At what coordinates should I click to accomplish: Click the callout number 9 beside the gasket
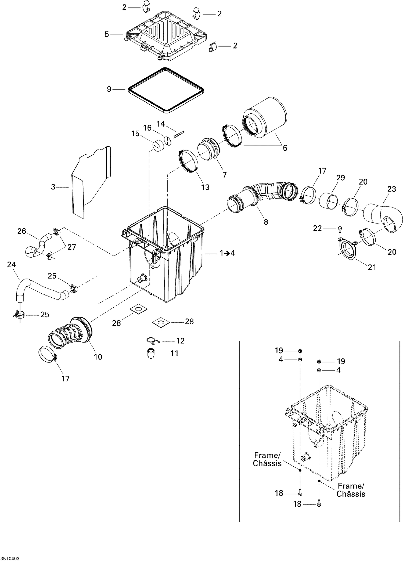coord(109,89)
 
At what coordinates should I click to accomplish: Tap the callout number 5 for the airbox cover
coord(107,34)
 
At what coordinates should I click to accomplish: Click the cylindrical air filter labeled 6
coord(265,118)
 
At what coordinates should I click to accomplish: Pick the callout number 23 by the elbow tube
coord(391,189)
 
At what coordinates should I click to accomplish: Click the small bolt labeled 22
coord(340,229)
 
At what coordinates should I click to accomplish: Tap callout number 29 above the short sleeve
coord(341,178)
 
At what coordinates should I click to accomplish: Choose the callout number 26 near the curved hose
coord(21,231)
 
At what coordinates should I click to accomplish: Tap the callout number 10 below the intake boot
coord(98,357)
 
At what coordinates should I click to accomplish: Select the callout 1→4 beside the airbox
coord(227,253)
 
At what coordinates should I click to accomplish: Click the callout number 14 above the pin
coord(161,124)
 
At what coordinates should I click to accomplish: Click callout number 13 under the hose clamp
coord(205,187)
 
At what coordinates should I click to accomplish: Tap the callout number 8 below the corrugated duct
coord(266,222)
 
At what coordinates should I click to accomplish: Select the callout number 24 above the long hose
coord(11,265)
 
